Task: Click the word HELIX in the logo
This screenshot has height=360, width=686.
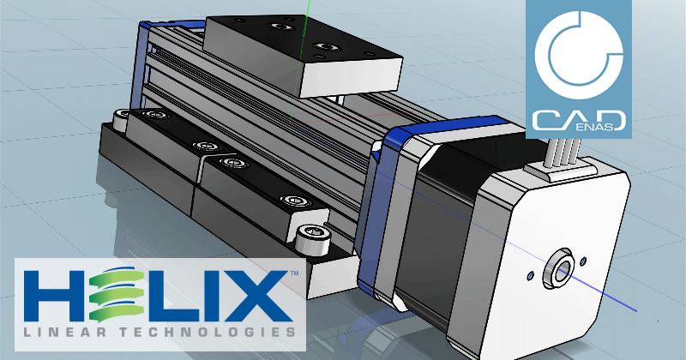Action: click(159, 295)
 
